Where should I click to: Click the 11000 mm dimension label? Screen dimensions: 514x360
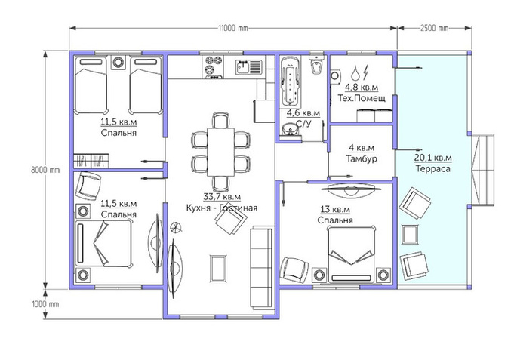pyautogui.click(x=233, y=28)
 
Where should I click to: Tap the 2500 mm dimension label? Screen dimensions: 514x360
pyautogui.click(x=434, y=28)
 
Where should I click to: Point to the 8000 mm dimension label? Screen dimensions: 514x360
pyautogui.click(x=45, y=170)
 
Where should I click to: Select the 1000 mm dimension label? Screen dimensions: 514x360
pyautogui.click(x=45, y=304)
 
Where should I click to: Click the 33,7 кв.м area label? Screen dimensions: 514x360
pyautogui.click(x=222, y=197)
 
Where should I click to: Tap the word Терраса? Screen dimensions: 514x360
pyautogui.click(x=432, y=169)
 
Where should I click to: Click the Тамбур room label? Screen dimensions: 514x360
pyautogui.click(x=362, y=158)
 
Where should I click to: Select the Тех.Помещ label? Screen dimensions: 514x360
pyautogui.click(x=362, y=98)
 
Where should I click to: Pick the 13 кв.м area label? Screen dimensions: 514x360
pyautogui.click(x=335, y=209)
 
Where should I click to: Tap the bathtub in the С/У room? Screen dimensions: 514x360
pyautogui.click(x=291, y=82)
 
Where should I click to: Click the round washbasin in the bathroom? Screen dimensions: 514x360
pyautogui.click(x=290, y=130)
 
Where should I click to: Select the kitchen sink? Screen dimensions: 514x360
pyautogui.click(x=249, y=67)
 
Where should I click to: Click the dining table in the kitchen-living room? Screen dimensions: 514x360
pyautogui.click(x=220, y=152)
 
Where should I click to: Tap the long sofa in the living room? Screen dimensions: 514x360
pyautogui.click(x=262, y=267)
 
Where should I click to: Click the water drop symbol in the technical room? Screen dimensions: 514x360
pyautogui.click(x=355, y=72)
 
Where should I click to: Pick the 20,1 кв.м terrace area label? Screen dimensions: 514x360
pyautogui.click(x=432, y=158)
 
